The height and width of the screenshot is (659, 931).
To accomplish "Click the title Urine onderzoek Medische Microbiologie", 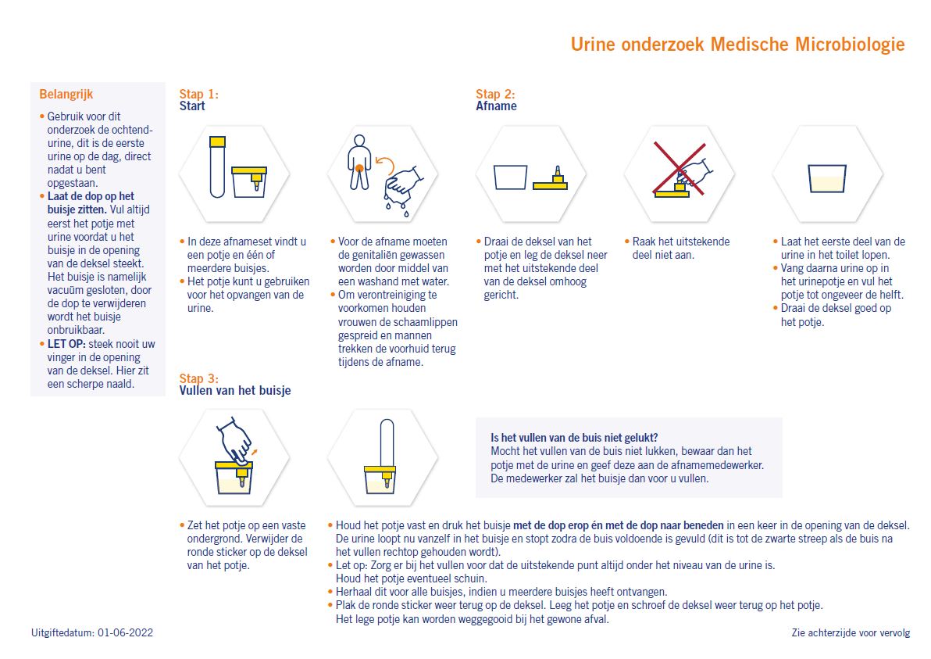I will (737, 45).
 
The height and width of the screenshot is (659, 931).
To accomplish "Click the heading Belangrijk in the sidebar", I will (66, 95).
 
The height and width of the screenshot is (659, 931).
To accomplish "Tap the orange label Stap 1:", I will (198, 94).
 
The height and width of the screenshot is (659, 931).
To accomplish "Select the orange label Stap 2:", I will (495, 94).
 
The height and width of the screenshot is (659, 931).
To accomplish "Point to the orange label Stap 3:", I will (198, 378).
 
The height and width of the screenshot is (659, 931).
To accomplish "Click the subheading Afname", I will (496, 106).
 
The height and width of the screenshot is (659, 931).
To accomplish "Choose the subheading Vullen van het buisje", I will (234, 390).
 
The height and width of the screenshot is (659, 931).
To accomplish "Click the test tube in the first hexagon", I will (216, 167).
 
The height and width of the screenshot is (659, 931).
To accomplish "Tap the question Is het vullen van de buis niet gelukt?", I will (574, 438).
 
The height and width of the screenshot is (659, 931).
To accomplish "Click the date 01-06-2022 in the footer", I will (126, 632).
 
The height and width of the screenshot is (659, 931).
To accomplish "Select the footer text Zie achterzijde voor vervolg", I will (851, 632).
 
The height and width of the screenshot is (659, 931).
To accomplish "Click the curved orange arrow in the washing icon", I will (383, 163).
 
